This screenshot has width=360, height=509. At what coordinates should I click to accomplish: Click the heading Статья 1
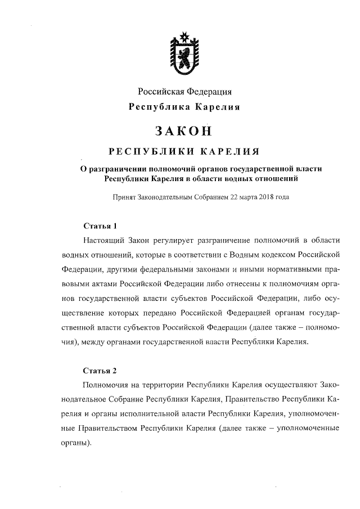100,227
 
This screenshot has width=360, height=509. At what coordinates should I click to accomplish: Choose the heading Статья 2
100,371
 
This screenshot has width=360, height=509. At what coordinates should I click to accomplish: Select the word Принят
124,199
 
